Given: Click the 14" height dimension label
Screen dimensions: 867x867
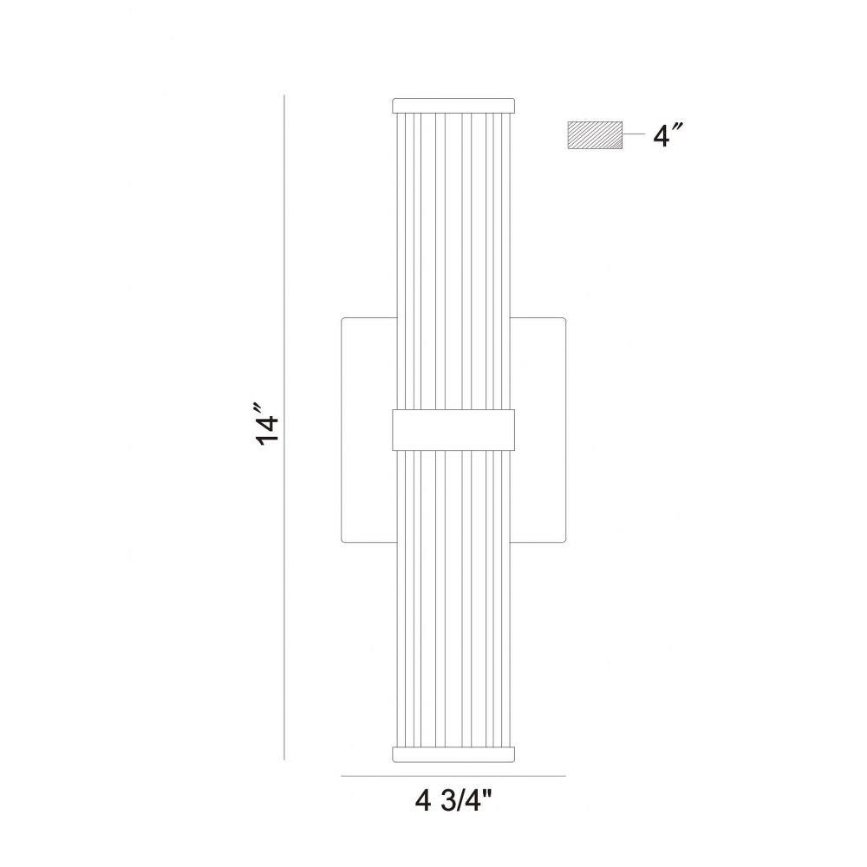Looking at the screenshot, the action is (x=267, y=424).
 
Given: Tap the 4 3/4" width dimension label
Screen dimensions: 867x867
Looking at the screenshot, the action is (x=453, y=800).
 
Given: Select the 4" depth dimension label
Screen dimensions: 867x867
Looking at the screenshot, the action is (x=668, y=135).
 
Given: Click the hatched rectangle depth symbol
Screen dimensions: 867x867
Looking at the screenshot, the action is (x=595, y=135).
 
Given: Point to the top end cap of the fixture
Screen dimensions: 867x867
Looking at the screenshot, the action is (x=453, y=105).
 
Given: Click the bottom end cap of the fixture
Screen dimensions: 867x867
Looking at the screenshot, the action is (x=453, y=754).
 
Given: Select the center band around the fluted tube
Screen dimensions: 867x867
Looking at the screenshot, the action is (x=453, y=430).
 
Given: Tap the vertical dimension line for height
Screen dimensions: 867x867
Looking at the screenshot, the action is (x=284, y=427).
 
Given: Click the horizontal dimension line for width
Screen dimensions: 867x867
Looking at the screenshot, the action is (x=453, y=776).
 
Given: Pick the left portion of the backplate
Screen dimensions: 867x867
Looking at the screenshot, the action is (x=368, y=430).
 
